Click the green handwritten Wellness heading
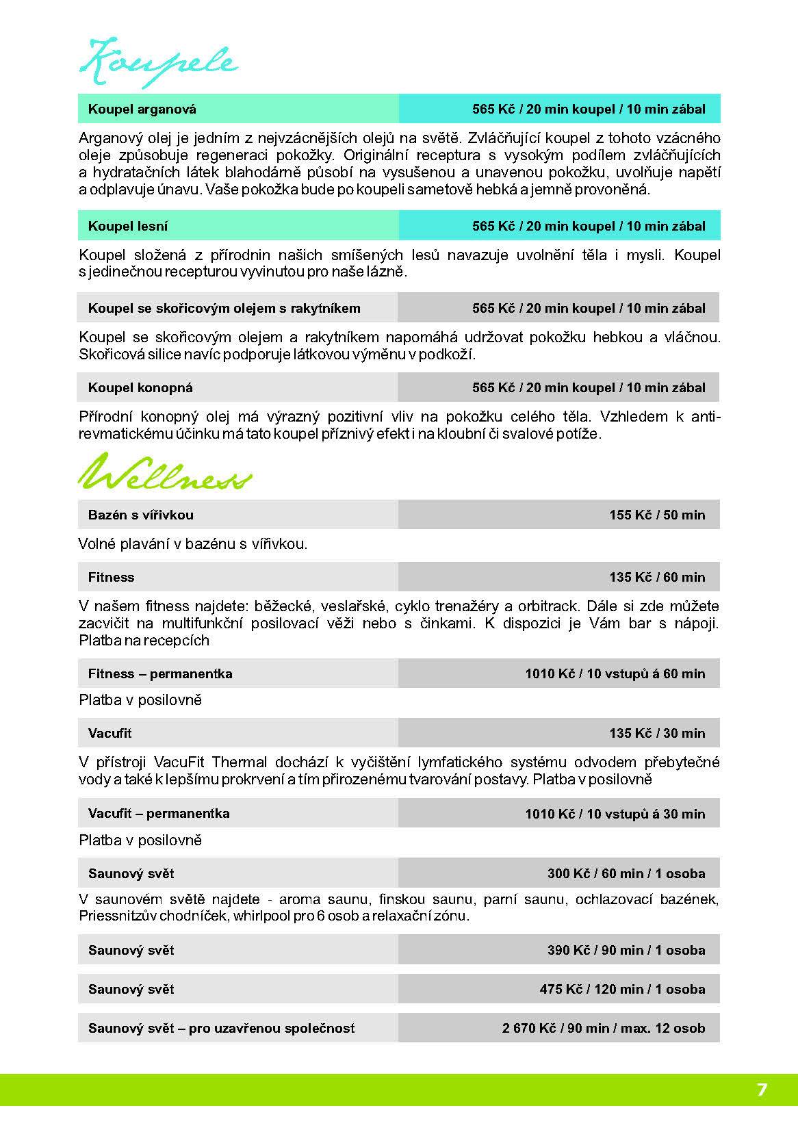click(x=164, y=473)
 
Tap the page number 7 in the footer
click(x=761, y=1090)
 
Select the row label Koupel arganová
click(x=142, y=109)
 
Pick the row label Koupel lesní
click(x=128, y=226)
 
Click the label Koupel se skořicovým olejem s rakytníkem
click(x=224, y=308)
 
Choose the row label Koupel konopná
click(x=140, y=387)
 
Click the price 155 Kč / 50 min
click(x=657, y=515)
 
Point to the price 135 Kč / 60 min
click(x=657, y=577)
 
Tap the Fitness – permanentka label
click(x=160, y=673)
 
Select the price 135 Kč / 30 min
click(x=657, y=733)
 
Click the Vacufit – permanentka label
click(x=159, y=813)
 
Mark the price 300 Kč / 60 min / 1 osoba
click(x=626, y=873)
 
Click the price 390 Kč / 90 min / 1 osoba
click(x=626, y=950)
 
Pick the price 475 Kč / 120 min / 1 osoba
click(x=622, y=989)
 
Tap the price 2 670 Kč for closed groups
click(x=603, y=1028)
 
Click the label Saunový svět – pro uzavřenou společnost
click(x=222, y=1028)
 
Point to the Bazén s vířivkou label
click(x=141, y=515)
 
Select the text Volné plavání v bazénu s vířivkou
click(x=193, y=544)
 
